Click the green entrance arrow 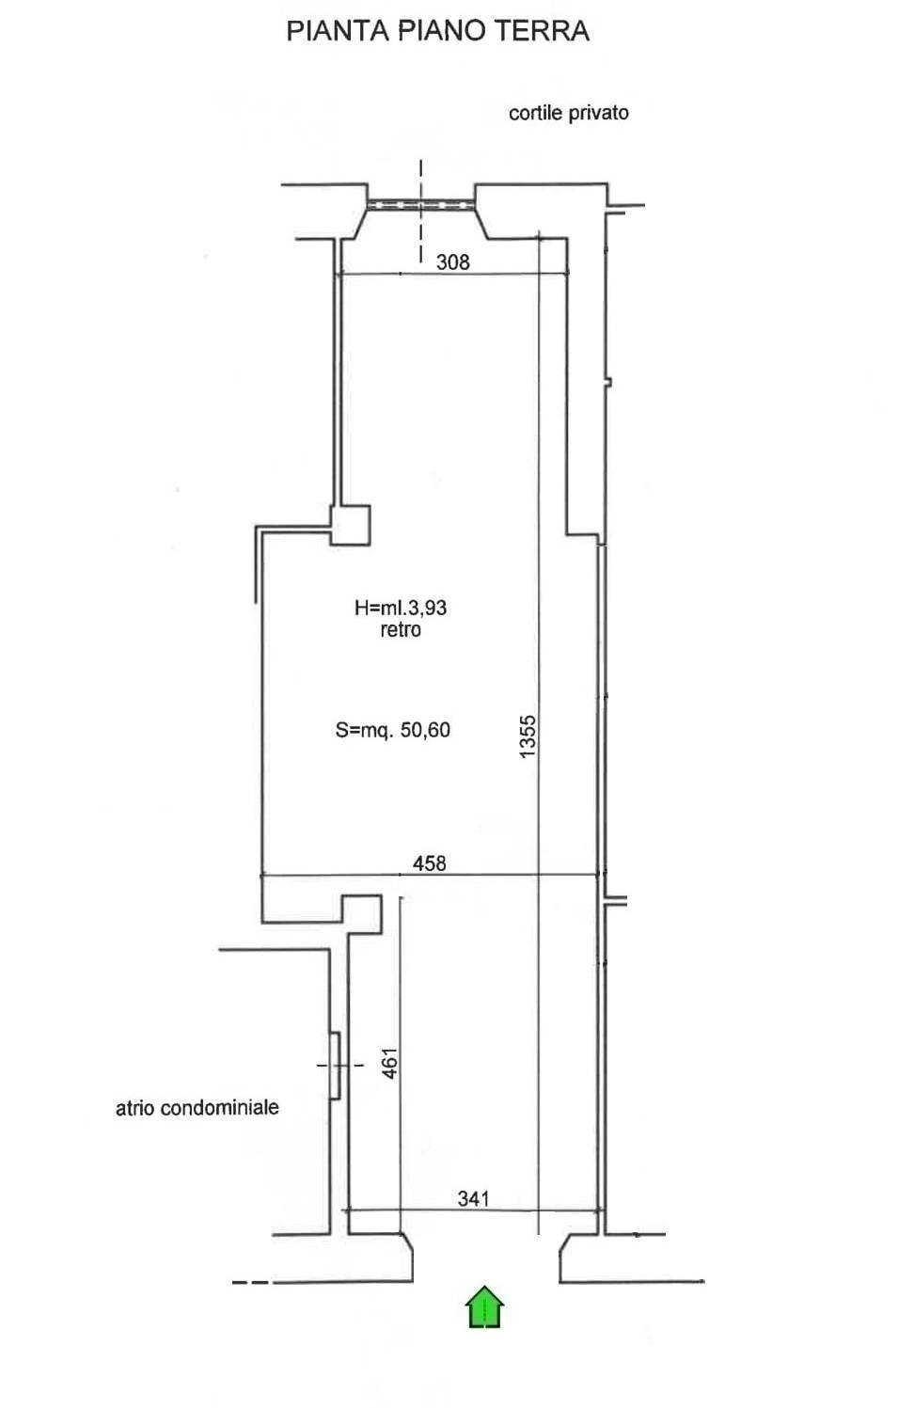pyautogui.click(x=484, y=1307)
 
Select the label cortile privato pyautogui.click(x=568, y=113)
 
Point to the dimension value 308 pyautogui.click(x=452, y=262)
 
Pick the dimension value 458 pyautogui.click(x=429, y=862)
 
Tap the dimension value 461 pyautogui.click(x=390, y=1063)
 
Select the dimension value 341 pyautogui.click(x=473, y=1198)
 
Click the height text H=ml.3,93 pyautogui.click(x=400, y=608)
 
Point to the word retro pyautogui.click(x=400, y=630)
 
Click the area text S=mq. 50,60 pyautogui.click(x=392, y=729)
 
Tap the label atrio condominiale pyautogui.click(x=197, y=1107)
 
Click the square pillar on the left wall pyautogui.click(x=349, y=525)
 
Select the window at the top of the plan pyautogui.click(x=420, y=204)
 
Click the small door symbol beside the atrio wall pyautogui.click(x=335, y=1065)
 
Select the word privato pyautogui.click(x=598, y=113)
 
